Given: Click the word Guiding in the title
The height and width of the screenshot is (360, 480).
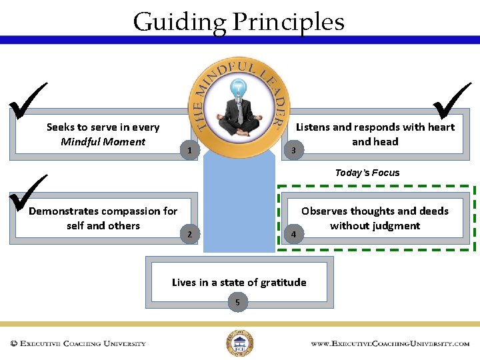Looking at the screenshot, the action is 179,22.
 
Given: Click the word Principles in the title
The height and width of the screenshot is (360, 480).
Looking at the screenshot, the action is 288,22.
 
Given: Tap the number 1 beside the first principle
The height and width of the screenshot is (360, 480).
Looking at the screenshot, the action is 190,151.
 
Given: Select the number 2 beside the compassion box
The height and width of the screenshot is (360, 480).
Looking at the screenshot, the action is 190,234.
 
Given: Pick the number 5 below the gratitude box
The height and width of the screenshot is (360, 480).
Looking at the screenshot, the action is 237,303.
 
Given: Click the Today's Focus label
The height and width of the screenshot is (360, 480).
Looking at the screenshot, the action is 367,173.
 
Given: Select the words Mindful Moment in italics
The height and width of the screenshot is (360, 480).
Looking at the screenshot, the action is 103,141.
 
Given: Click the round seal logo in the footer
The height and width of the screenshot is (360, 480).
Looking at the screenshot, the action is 239,343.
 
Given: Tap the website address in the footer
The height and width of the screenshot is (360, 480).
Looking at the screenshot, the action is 390,344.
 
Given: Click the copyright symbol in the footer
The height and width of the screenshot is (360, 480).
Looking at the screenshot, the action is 13,344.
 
